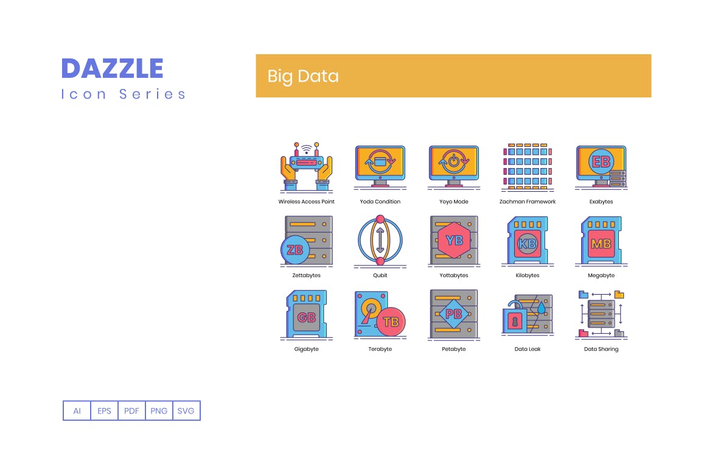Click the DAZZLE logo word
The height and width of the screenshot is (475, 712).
tap(113, 68)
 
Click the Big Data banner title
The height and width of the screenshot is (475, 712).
tap(303, 76)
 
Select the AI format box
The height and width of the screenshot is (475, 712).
tap(77, 411)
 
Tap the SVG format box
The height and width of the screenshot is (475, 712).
tap(186, 411)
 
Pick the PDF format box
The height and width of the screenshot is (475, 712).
tap(131, 411)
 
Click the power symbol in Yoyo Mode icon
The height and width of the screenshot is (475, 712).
tap(454, 162)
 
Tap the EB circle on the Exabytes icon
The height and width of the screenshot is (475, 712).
tap(601, 161)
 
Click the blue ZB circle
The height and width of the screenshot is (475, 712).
tap(295, 250)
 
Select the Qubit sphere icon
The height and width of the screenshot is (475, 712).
tap(380, 241)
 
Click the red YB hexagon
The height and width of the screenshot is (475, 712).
tap(455, 240)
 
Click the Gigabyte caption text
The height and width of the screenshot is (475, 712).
tap(306, 349)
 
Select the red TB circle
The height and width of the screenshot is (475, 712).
tap(391, 322)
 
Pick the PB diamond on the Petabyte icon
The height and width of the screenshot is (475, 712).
tap(454, 314)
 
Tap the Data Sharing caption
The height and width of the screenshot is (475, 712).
tap(601, 349)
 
